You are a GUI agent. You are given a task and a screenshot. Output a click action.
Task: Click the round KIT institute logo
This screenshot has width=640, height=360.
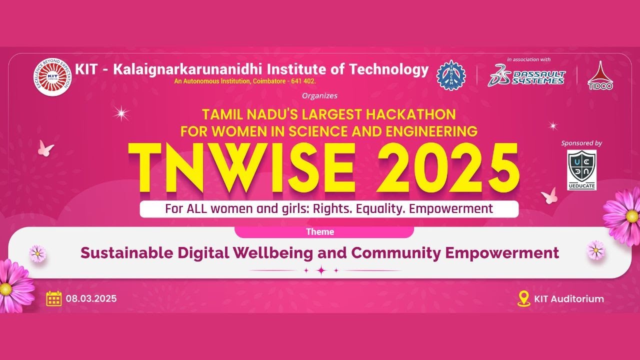pos(53,77)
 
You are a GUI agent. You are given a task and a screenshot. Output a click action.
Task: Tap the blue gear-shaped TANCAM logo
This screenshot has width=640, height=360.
pos(451,75)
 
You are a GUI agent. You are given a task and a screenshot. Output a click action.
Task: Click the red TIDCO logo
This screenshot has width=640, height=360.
pos(600,76)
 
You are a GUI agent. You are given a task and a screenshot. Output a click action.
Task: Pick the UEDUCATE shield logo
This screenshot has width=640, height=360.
pos(582,170)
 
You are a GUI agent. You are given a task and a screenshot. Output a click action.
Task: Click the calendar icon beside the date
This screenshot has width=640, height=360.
pos(53,298)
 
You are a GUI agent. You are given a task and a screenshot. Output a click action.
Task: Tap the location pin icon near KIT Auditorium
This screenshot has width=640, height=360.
pos(523,298)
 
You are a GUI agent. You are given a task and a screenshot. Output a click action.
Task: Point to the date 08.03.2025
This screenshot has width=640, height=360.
pos(91,299)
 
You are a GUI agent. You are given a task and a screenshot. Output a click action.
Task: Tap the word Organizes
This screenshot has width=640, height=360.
pos(320,95)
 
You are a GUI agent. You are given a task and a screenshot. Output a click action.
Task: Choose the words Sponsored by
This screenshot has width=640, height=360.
pos(581,143)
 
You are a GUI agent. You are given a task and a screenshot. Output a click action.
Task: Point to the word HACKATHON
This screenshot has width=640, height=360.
pos(410,114)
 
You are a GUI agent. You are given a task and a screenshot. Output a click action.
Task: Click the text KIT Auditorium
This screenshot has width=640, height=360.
pos(569,299)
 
